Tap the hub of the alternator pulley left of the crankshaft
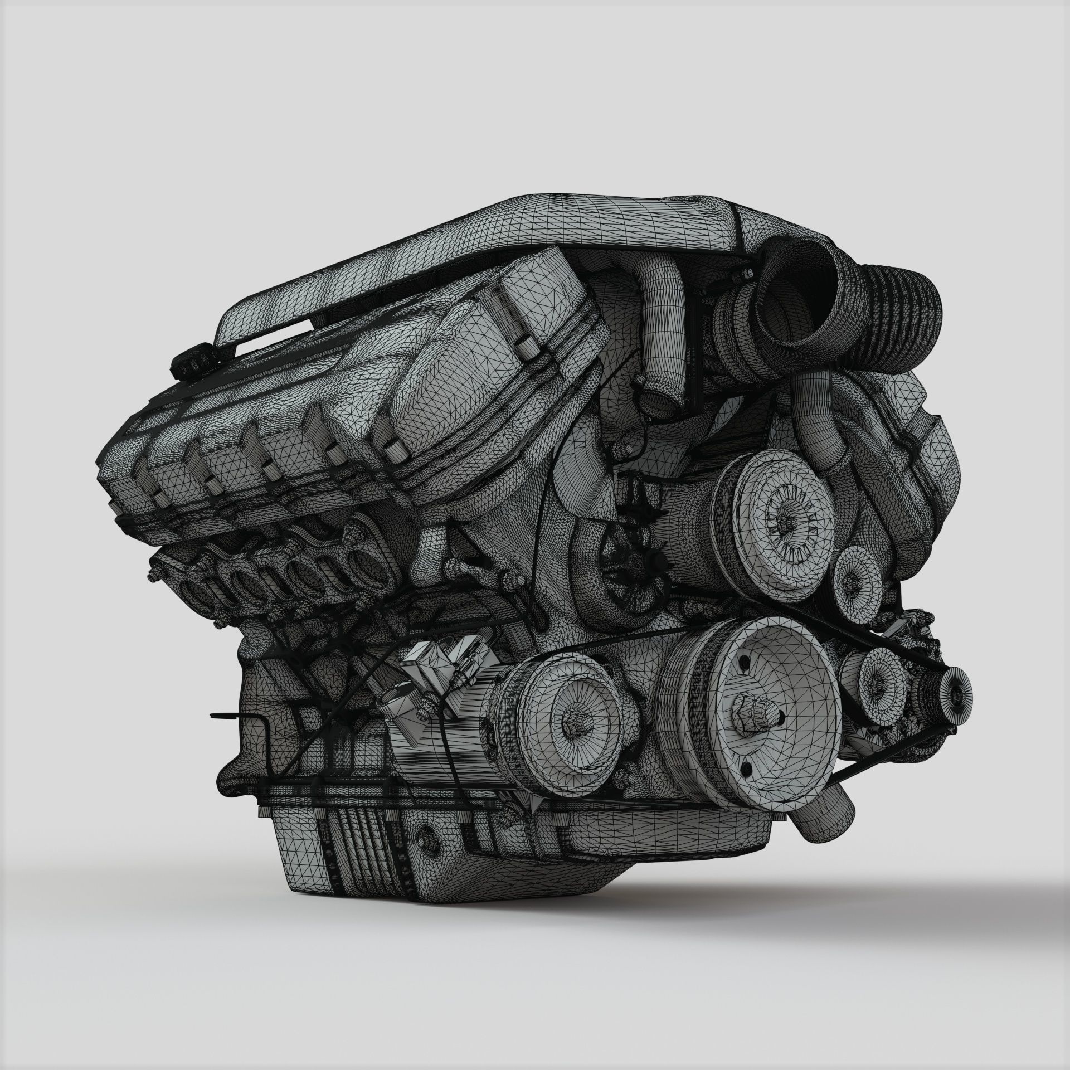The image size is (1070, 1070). pyautogui.click(x=573, y=719)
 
